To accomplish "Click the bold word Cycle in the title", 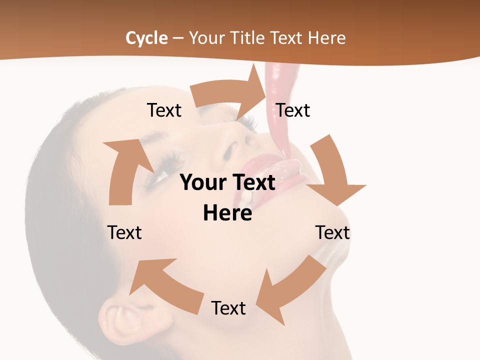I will click(146, 38).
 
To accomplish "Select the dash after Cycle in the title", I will click(178, 38).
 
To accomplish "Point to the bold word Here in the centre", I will click(227, 213).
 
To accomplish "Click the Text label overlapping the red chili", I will click(293, 110).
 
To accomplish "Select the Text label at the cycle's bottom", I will click(228, 308).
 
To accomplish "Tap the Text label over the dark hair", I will click(124, 232).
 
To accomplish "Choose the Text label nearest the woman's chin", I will click(332, 232).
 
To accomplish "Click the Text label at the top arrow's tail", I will click(164, 110).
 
